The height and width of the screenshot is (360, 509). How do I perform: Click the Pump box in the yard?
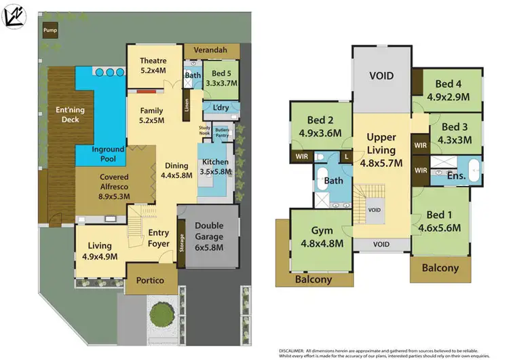point(50,31)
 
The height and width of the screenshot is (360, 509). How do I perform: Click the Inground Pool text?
point(108,154)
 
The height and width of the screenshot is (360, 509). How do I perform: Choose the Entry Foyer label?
point(158,238)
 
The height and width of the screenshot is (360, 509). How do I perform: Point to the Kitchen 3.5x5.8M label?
point(215,167)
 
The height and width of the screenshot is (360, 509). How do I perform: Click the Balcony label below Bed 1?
point(440,268)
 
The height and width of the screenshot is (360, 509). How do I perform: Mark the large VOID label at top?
point(382,75)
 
